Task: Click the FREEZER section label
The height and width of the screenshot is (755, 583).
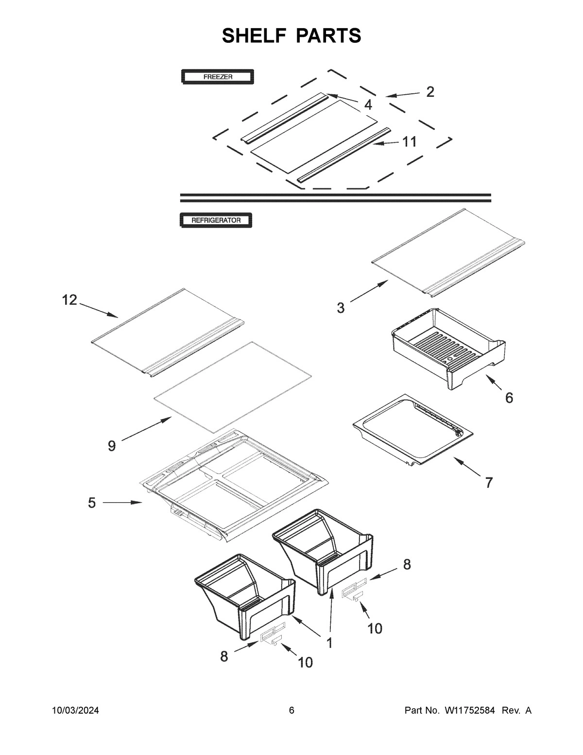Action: (x=217, y=77)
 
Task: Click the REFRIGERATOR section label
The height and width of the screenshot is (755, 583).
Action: (x=216, y=220)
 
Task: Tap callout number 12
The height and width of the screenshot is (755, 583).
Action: (x=69, y=300)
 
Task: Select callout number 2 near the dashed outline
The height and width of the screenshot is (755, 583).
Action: (x=430, y=92)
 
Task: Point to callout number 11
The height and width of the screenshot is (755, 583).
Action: (x=409, y=142)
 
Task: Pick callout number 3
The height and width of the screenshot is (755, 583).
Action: (x=341, y=308)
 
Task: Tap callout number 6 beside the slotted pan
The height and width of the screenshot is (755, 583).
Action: (x=509, y=398)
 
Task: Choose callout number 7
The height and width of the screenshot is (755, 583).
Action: (x=488, y=482)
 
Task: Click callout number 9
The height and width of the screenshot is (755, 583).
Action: (x=112, y=446)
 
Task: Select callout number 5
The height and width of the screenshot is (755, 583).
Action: (x=92, y=503)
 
